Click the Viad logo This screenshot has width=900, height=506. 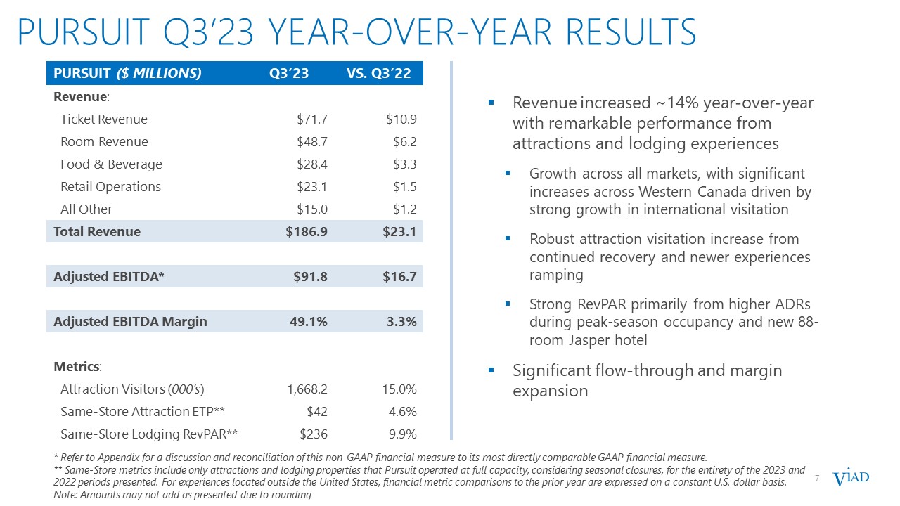click(851, 479)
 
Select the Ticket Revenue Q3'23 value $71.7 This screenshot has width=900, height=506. click(311, 119)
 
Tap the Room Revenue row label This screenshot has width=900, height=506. click(104, 142)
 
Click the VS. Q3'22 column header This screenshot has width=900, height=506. click(379, 73)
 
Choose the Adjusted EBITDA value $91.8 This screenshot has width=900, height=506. click(309, 277)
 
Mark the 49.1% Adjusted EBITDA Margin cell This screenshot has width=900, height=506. click(309, 322)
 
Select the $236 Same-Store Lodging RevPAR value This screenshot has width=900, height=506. click(314, 434)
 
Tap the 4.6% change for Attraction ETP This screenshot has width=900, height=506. click(402, 412)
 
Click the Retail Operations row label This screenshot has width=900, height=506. click(110, 187)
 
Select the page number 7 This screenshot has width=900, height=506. click(817, 479)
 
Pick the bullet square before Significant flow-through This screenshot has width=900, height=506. click(492, 370)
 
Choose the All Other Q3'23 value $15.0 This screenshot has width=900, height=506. click(311, 209)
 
